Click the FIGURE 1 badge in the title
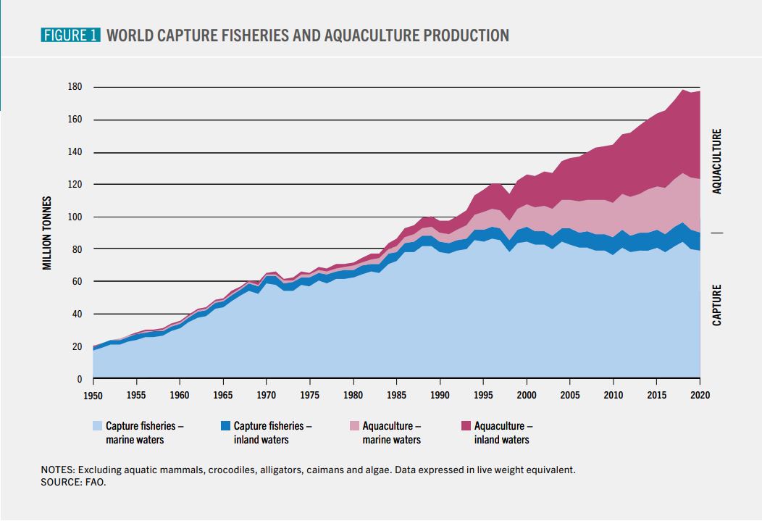tap(70, 35)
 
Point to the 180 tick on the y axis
tap(75, 86)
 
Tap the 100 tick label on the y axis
tap(75, 217)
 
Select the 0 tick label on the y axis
tap(80, 379)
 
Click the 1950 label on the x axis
tap(93, 395)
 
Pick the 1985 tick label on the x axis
tap(396, 395)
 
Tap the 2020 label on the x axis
tap(700, 395)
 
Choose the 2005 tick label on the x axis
tap(569, 395)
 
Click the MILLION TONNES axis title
tap(46, 233)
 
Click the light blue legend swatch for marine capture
tap(97, 426)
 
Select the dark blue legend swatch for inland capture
tap(225, 426)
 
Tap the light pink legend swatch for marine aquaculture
tap(354, 426)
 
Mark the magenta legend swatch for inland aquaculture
tap(466, 426)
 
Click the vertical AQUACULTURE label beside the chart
tap(717, 162)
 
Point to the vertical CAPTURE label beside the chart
tap(717, 305)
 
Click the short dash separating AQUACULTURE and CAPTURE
tap(717, 233)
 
